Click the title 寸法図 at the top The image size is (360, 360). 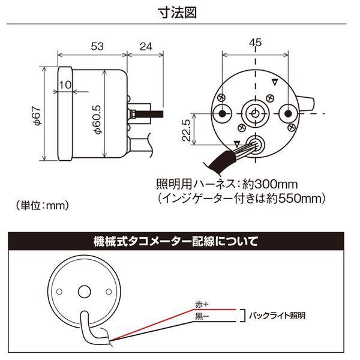178,13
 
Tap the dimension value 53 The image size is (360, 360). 97,46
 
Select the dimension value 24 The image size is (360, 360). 146,47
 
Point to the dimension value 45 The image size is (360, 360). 256,43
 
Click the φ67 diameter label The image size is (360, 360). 37,115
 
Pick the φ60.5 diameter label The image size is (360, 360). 97,119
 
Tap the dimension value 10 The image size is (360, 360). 65,85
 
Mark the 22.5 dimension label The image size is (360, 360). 186,130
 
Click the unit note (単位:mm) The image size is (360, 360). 42,205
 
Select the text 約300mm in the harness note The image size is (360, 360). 270,184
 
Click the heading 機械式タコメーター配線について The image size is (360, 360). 176,241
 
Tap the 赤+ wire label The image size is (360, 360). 202,304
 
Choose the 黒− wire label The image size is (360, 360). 202,317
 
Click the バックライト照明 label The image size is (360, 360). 277,316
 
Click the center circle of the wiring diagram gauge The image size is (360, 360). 84,292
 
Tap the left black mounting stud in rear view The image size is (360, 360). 222,113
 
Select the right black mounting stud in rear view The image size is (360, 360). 288,113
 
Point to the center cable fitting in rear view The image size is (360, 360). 255,113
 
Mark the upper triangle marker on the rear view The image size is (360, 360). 275,82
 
